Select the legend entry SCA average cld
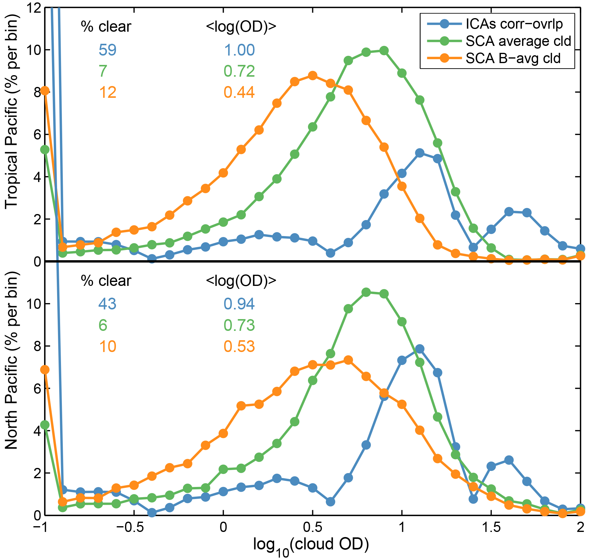click(518, 41)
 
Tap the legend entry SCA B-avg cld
click(513, 58)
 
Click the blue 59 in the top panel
click(107, 50)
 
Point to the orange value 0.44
click(239, 92)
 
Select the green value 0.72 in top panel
click(239, 71)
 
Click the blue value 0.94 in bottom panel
click(239, 304)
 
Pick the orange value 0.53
click(239, 346)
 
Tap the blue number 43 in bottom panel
click(107, 304)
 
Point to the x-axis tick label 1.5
click(491, 527)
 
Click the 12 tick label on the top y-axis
click(33, 8)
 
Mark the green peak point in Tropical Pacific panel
click(384, 51)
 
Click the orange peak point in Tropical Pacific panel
click(313, 75)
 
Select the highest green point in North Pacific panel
click(366, 292)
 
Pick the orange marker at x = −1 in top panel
click(45, 91)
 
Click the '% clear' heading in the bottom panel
click(106, 281)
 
